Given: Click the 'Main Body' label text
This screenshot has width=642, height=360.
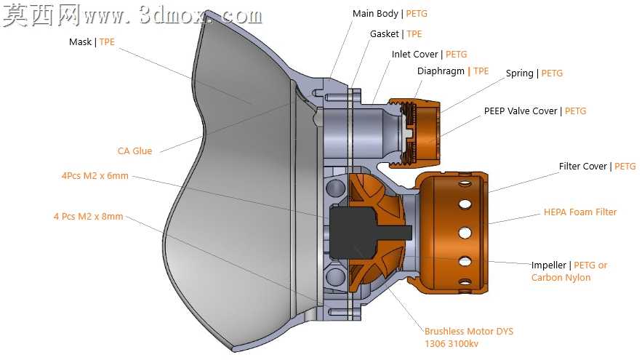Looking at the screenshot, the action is tap(375, 14).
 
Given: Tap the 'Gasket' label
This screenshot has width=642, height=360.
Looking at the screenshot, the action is tap(384, 34).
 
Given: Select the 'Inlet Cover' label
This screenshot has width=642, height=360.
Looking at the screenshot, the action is tap(414, 55).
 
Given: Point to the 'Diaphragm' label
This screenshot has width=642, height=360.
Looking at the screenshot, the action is tap(441, 71).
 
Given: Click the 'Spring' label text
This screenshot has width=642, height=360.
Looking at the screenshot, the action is tap(519, 73).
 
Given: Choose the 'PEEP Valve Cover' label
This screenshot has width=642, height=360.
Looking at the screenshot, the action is tap(521, 111).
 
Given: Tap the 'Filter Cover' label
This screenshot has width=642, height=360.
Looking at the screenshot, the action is tap(582, 167).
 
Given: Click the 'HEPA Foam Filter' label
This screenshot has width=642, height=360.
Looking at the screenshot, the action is tap(579, 212).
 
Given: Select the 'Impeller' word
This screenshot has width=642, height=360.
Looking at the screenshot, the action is tap(549, 265).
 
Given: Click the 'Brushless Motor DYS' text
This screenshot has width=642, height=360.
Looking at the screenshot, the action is tap(468, 332).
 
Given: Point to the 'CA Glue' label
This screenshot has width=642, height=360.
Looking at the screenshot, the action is tap(135, 151).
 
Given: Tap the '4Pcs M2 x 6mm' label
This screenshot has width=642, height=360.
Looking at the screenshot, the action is tap(95, 176).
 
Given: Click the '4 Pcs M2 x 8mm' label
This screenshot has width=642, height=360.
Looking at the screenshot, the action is tap(88, 217).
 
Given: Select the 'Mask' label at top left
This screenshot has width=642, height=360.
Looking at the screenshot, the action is tap(80, 42).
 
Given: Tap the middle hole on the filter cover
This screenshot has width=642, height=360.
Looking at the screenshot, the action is tap(465, 233).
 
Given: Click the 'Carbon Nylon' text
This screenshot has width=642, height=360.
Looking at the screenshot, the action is tap(561, 278).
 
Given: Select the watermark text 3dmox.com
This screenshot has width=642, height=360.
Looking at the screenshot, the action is tap(200, 15).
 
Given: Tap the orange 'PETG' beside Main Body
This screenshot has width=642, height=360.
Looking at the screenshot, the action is tap(417, 14).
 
